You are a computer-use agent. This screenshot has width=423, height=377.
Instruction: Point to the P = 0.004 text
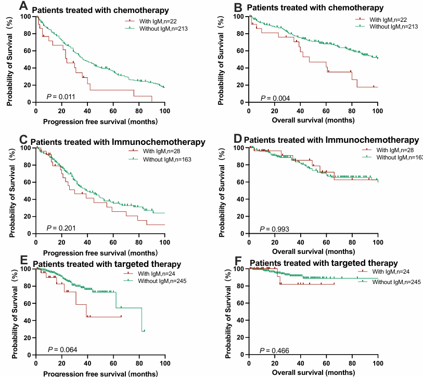click(275, 98)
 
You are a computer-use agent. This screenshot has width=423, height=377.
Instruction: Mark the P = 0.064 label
click(60, 348)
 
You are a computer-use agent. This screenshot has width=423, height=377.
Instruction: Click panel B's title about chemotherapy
click(316, 8)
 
